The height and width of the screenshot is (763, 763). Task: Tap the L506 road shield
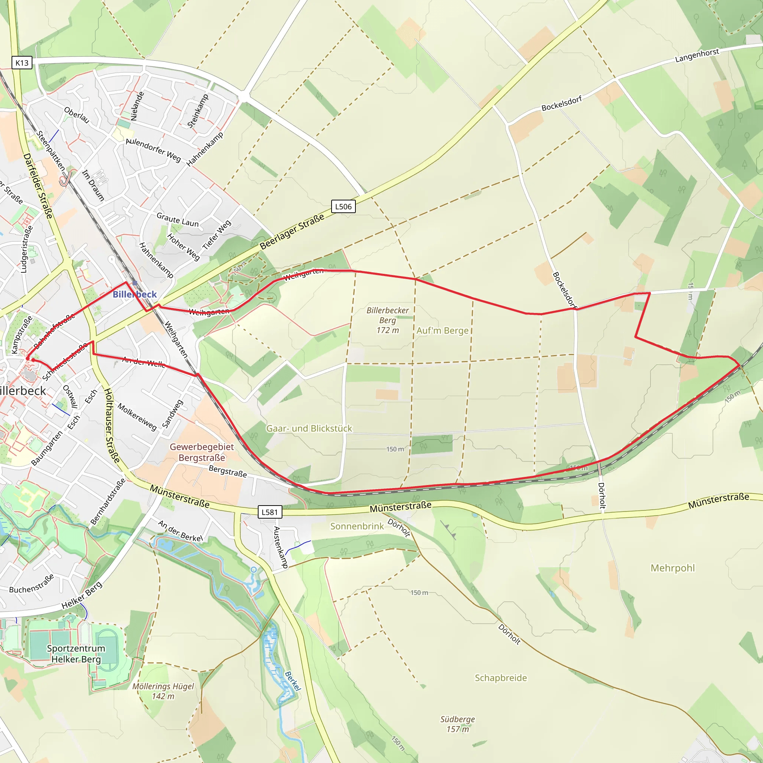pyautogui.click(x=343, y=206)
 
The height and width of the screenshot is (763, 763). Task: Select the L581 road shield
pyautogui.click(x=270, y=512)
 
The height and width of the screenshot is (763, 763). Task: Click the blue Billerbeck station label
pyautogui.click(x=134, y=294)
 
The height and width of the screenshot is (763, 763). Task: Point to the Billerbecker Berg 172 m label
pyautogui.click(x=387, y=320)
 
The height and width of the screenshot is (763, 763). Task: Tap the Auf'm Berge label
pyautogui.click(x=442, y=330)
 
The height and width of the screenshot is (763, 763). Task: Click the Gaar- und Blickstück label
pyautogui.click(x=309, y=428)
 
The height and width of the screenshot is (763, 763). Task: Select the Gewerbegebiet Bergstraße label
pyautogui.click(x=202, y=452)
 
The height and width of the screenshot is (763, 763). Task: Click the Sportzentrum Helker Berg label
pyautogui.click(x=76, y=653)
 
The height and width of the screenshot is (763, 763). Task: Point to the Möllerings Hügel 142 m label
pyautogui.click(x=163, y=691)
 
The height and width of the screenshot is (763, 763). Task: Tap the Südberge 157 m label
pyautogui.click(x=458, y=724)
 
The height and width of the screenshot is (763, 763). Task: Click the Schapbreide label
pyautogui.click(x=500, y=678)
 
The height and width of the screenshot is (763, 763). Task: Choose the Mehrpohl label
pyautogui.click(x=672, y=568)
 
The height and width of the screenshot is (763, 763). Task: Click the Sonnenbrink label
pyautogui.click(x=357, y=526)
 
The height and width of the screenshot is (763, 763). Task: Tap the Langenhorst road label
pyautogui.click(x=697, y=56)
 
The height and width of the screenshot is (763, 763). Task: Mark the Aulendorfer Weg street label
pyautogui.click(x=153, y=151)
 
